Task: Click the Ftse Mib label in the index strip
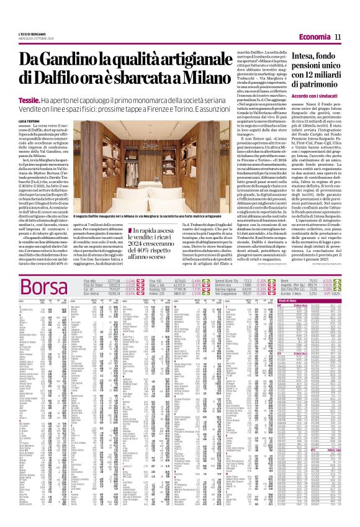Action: [x=92, y=281]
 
